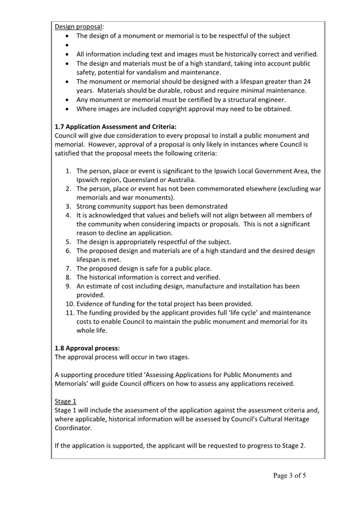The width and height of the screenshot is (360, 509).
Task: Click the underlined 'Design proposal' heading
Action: pyautogui.click(x=79, y=26)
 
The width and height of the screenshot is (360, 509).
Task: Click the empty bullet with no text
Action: pyautogui.click(x=67, y=45)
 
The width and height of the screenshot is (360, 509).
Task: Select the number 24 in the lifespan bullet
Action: pyautogui.click(x=307, y=82)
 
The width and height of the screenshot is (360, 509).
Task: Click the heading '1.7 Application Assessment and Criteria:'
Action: pyautogui.click(x=115, y=127)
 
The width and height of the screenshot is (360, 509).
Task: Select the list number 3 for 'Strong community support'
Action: pyautogui.click(x=68, y=206)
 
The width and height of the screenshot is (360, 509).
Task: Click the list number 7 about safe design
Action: pyautogui.click(x=68, y=268)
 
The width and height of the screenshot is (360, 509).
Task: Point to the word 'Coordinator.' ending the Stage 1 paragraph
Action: pyautogui.click(x=73, y=427)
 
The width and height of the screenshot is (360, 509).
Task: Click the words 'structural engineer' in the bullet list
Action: pyautogui.click(x=254, y=100)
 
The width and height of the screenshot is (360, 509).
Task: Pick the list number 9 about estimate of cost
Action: pyautogui.click(x=68, y=286)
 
